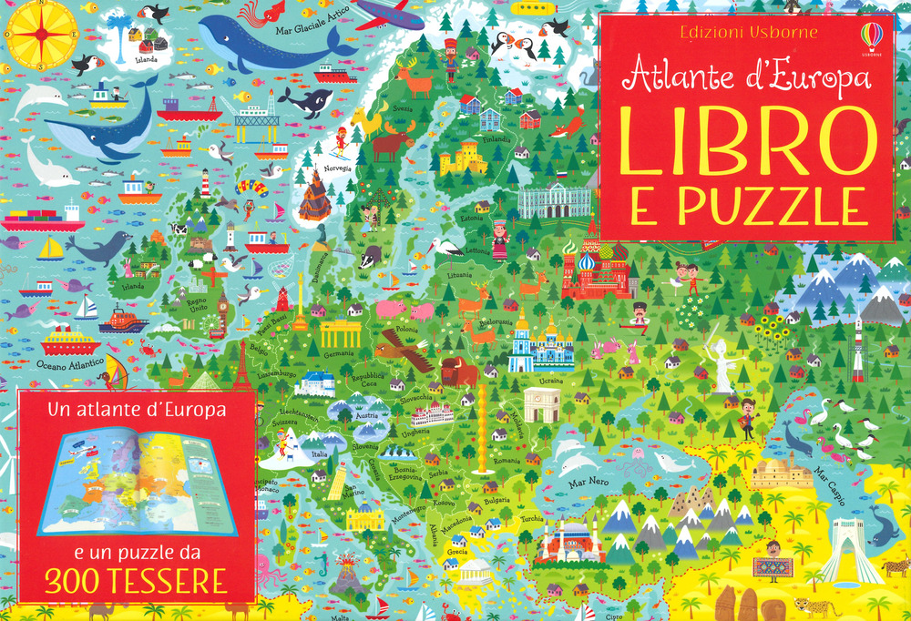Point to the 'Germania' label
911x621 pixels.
click(338, 353)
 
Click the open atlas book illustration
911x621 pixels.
click(137, 483)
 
